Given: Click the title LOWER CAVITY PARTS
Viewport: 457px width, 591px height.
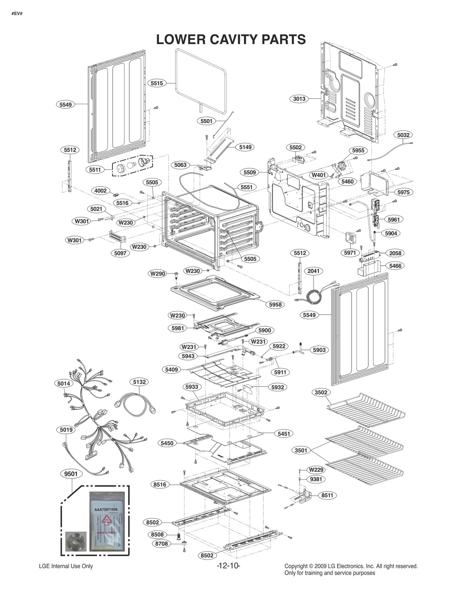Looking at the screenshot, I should click(231, 40).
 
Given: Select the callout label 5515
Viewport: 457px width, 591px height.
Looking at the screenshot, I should click(157, 83).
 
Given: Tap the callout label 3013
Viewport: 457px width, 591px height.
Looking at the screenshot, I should click(299, 99).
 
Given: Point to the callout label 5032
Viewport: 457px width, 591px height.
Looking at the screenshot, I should click(403, 135).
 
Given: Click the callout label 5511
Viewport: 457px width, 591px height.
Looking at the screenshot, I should click(95, 170).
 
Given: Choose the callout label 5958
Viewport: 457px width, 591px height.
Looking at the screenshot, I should click(275, 304).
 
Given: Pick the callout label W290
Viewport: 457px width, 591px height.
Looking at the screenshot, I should click(158, 274).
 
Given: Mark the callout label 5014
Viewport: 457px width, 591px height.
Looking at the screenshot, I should click(63, 384).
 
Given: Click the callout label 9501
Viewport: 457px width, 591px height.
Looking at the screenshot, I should click(71, 474).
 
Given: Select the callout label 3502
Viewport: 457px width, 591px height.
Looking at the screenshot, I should click(321, 392).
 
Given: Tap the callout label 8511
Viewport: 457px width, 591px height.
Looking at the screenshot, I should click(327, 495).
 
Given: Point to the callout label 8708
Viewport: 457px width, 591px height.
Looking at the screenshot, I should click(161, 544).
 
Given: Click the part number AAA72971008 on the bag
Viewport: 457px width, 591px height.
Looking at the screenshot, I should click(106, 509).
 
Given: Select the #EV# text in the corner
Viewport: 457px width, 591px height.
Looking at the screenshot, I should click(17, 13).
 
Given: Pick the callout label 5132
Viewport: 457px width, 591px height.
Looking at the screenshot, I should click(139, 382).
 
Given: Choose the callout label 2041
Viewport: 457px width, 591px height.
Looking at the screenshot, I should click(313, 271).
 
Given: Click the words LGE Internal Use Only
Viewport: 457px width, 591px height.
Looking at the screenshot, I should click(66, 566).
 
